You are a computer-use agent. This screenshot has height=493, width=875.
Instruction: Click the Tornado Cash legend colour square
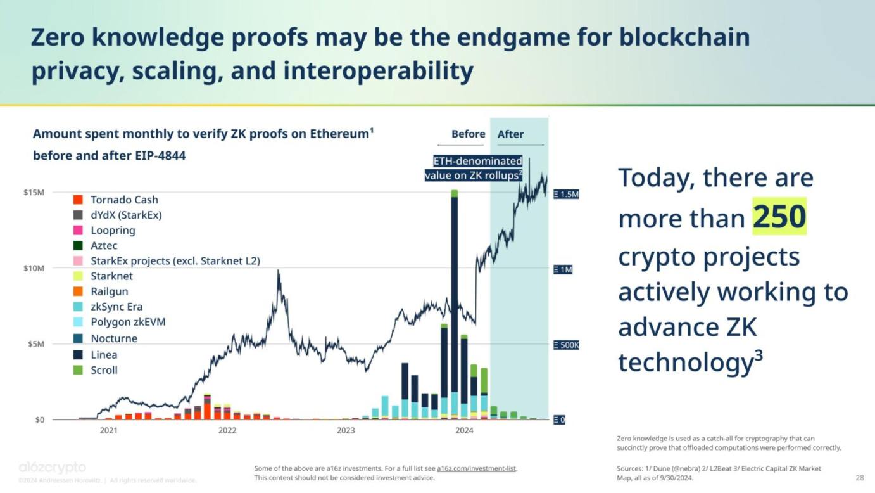click(79, 200)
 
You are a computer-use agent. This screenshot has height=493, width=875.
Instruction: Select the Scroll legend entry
click(104, 370)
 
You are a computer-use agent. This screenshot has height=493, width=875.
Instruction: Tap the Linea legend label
click(104, 355)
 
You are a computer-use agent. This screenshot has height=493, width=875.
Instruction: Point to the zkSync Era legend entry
click(116, 307)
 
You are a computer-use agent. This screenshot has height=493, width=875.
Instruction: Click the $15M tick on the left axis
click(34, 192)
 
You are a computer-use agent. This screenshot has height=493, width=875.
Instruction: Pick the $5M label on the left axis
click(35, 344)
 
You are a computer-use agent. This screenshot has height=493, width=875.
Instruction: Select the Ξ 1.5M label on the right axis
click(566, 194)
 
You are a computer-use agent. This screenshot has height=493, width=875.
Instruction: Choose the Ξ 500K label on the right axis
click(566, 345)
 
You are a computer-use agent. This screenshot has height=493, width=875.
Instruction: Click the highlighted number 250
click(779, 217)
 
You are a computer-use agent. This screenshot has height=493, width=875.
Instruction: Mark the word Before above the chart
click(468, 134)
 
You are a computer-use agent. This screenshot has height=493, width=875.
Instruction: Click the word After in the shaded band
click(510, 134)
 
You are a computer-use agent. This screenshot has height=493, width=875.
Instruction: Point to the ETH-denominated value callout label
click(474, 169)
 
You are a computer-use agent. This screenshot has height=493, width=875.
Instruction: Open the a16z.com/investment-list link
click(477, 468)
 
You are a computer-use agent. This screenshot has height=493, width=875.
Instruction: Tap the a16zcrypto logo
click(52, 468)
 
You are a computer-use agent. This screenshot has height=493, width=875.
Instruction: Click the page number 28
click(859, 477)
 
